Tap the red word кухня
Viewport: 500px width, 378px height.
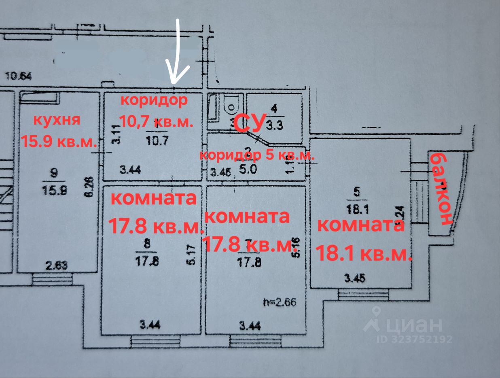(x=57, y=120)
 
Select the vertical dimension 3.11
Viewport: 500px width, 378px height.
(x=116, y=135)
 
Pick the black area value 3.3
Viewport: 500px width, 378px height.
(x=275, y=125)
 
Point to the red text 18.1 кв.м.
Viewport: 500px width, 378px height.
(x=363, y=254)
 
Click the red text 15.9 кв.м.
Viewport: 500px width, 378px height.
(x=59, y=141)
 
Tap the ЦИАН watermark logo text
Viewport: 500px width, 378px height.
(x=409, y=325)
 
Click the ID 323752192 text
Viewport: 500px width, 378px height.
(x=415, y=339)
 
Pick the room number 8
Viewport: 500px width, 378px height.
(x=147, y=244)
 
